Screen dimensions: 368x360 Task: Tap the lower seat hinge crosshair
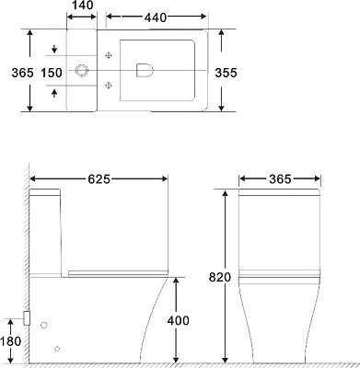[110, 86]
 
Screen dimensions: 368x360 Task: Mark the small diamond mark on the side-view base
[57, 348]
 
